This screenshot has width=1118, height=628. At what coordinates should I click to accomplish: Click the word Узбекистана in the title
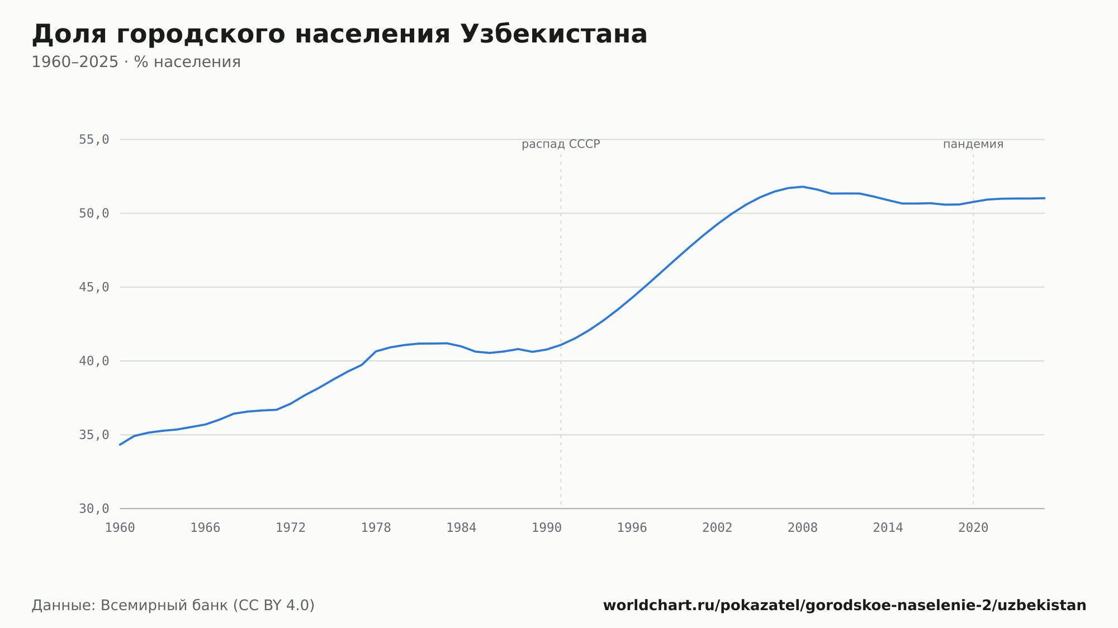tap(553, 34)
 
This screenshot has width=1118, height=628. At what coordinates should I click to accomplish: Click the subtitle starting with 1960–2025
tap(136, 62)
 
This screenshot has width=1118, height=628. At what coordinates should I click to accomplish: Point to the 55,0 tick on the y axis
tap(94, 140)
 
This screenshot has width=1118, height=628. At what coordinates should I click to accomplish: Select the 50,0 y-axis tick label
tap(94, 213)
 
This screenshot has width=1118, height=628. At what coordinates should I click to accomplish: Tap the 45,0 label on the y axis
tap(94, 287)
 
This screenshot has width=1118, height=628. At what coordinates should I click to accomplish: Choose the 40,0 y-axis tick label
tap(94, 361)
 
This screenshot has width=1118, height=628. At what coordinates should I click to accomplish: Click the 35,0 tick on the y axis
tap(94, 435)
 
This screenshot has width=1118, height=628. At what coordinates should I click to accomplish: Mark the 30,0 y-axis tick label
tap(94, 508)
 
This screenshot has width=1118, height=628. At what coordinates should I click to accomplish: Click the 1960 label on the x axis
tap(120, 528)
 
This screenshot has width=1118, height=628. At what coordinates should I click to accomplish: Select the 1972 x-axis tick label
tap(291, 528)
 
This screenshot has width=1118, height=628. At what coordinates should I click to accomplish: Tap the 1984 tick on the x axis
tap(461, 528)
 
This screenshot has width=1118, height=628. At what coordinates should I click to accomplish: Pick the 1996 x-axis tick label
tap(632, 528)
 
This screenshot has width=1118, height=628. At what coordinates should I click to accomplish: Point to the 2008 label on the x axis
tap(802, 528)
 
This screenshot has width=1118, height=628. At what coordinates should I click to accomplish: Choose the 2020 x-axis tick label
tap(973, 528)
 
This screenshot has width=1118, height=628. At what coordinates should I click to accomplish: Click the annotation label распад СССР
tap(561, 145)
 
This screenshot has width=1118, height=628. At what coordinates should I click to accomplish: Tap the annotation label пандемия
tap(973, 145)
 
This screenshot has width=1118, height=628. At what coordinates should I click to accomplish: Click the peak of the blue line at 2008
tap(802, 187)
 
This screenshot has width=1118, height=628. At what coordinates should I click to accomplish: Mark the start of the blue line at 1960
tap(120, 445)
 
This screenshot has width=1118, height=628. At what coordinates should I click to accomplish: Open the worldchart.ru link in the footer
tap(845, 606)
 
